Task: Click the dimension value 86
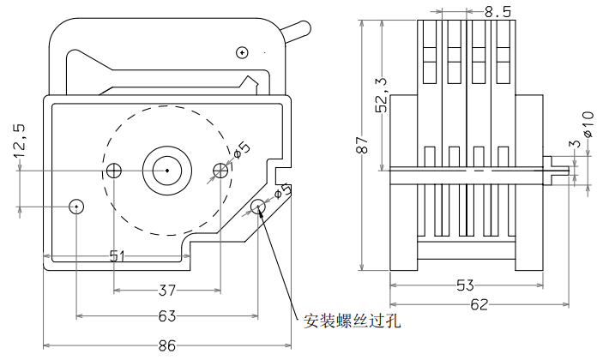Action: point(167,345)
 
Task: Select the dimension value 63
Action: point(167,316)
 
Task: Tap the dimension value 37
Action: point(167,289)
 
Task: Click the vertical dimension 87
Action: point(361,146)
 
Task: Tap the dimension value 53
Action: point(466,285)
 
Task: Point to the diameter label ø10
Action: point(588,124)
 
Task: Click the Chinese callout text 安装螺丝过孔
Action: point(353,321)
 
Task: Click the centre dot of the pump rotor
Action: point(166,171)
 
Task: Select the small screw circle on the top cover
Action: point(243,52)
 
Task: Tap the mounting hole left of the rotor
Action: point(115,171)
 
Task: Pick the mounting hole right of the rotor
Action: point(220,171)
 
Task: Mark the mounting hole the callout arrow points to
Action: point(258,206)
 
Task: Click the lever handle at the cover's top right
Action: point(295,32)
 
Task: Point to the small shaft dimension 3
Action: point(576,143)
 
